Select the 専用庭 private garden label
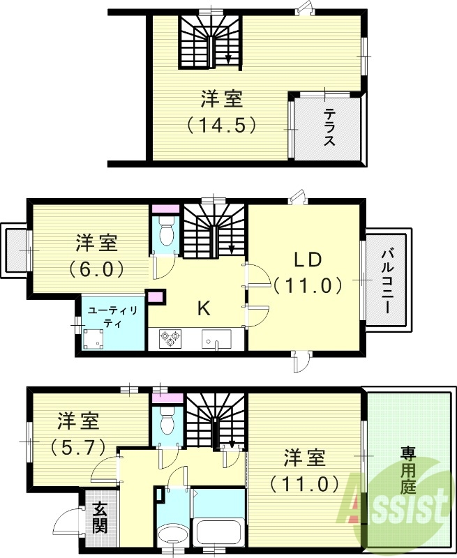click(x=407, y=469)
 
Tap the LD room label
click(x=306, y=259)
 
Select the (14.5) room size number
click(x=223, y=125)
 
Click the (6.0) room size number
click(x=97, y=269)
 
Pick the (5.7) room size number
click(x=77, y=446)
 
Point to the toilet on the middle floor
click(x=165, y=231)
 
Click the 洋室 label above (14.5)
click(x=223, y=100)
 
